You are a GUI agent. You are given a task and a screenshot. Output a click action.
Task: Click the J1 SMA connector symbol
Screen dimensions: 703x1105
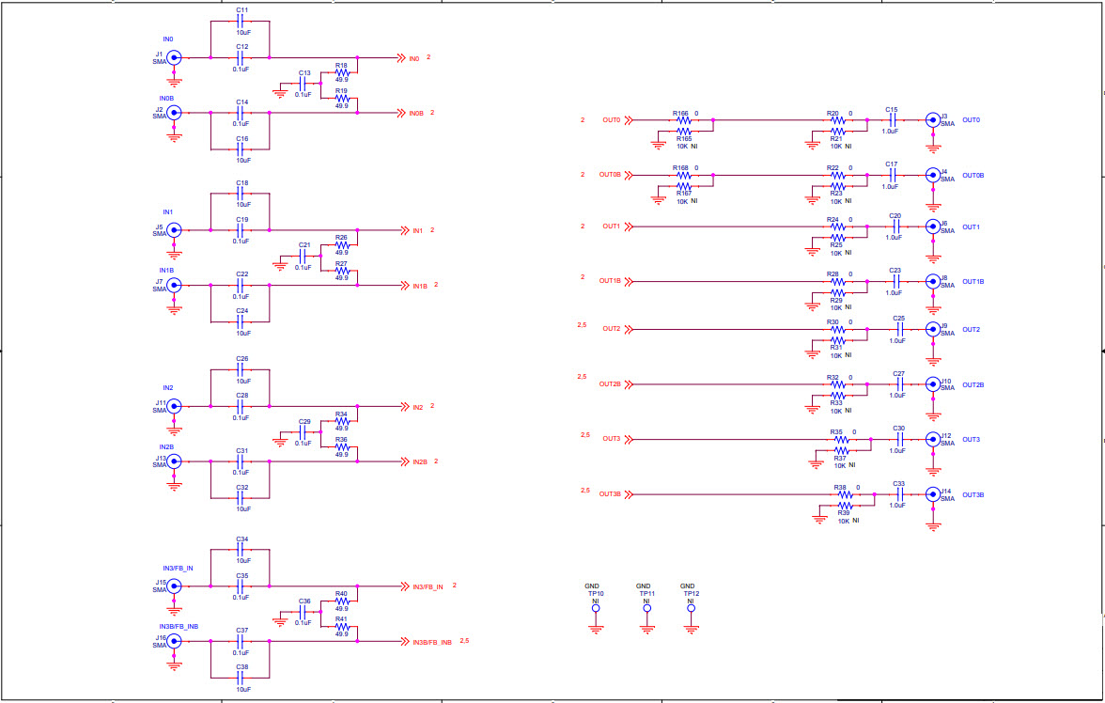pos(174,57)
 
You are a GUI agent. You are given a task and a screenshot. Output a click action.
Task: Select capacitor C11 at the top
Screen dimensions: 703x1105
pos(241,21)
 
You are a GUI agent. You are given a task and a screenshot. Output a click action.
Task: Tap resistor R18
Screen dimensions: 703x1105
pos(341,72)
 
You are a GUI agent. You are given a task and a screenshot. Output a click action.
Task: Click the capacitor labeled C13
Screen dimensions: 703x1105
pos(303,86)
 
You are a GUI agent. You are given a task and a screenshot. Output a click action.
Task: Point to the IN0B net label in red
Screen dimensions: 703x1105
pos(416,113)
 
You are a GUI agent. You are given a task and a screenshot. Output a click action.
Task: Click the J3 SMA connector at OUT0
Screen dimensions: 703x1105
pos(932,120)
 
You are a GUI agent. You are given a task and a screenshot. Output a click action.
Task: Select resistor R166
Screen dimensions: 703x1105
pos(684,120)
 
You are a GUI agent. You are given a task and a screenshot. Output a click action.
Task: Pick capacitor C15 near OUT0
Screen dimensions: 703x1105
pos(892,120)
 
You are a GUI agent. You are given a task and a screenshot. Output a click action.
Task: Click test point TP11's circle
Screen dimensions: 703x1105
pos(646,608)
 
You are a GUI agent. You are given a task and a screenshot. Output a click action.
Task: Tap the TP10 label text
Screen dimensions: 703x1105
pos(596,594)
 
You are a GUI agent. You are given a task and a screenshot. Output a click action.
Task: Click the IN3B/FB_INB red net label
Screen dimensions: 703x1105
pos(431,642)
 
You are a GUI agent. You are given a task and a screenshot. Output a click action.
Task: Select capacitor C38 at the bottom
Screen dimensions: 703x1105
pos(241,678)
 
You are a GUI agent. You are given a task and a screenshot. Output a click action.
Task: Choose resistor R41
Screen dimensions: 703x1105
pos(341,627)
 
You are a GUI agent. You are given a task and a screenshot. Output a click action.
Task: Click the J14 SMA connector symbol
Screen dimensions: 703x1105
pos(932,494)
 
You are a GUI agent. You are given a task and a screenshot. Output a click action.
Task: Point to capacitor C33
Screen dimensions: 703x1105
pos(899,494)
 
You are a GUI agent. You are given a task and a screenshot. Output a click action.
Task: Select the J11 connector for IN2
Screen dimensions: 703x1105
pos(174,406)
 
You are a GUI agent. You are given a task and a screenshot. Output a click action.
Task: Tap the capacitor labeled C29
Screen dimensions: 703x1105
pos(303,435)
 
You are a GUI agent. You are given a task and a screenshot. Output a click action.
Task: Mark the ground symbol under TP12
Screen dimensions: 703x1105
pos(691,629)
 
